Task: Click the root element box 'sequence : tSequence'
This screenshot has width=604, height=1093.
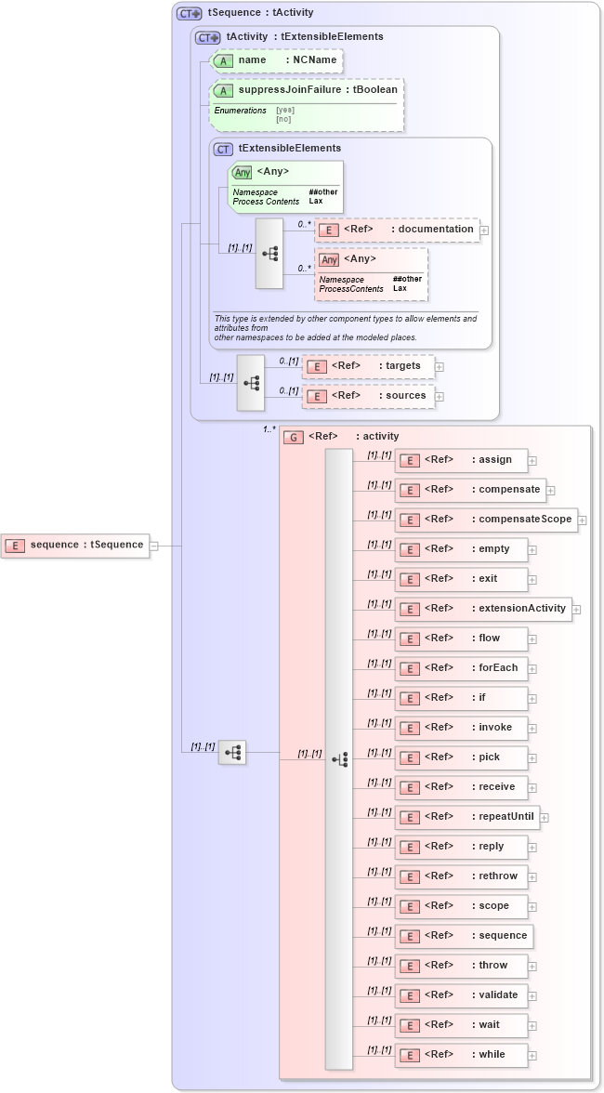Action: (x=76, y=545)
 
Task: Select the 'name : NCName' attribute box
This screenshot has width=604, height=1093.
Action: (x=277, y=60)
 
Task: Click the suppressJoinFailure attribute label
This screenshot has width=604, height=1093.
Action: (x=306, y=90)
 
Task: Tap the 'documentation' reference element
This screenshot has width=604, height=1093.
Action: (x=397, y=230)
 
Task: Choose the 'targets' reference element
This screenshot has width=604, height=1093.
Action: (x=368, y=366)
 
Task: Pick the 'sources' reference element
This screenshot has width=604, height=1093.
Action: (x=368, y=396)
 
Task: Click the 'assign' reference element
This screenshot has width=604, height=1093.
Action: (x=461, y=460)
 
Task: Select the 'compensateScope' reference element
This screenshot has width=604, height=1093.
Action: (x=485, y=520)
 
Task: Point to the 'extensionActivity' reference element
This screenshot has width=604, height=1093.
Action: (x=483, y=609)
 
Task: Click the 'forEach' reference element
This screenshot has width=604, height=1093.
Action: (x=461, y=668)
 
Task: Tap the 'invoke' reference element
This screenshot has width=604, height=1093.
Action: (x=461, y=728)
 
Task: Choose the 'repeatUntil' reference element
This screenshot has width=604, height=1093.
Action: (x=466, y=817)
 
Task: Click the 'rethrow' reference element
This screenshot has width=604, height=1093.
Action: (x=461, y=876)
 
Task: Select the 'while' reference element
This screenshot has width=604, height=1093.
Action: (x=461, y=1055)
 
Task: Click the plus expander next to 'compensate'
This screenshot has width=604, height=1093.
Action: (x=550, y=490)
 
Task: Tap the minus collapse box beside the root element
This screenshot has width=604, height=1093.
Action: (x=154, y=546)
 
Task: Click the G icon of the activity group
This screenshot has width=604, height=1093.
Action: (x=294, y=437)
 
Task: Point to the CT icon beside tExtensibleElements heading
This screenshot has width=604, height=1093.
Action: (x=223, y=149)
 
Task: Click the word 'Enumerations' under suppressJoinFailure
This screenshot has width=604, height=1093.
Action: (x=240, y=111)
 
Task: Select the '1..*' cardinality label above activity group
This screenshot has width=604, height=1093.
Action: (x=269, y=429)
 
